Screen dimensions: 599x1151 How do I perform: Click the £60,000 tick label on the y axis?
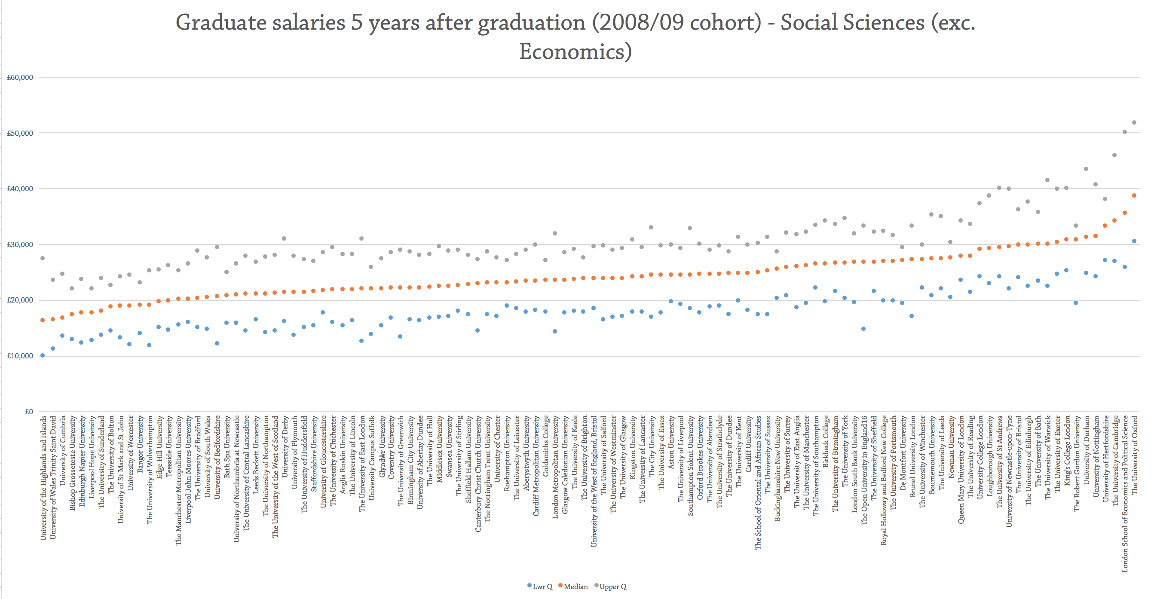20,77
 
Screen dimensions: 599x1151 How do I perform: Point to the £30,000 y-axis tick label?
20,244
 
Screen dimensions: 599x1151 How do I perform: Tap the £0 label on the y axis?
29,411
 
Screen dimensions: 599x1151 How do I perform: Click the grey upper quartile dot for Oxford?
1134,122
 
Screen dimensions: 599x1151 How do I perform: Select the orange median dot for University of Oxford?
1134,196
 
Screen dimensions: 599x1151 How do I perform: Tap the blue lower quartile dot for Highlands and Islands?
43,355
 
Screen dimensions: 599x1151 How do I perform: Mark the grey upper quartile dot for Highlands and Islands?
43,258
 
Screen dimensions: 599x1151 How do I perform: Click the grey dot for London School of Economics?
1125,132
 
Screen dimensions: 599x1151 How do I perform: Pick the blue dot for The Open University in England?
863,329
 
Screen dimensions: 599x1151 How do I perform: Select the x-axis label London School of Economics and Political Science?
1125,494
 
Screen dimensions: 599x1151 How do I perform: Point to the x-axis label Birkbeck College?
825,442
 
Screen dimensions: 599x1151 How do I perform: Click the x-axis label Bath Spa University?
227,446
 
